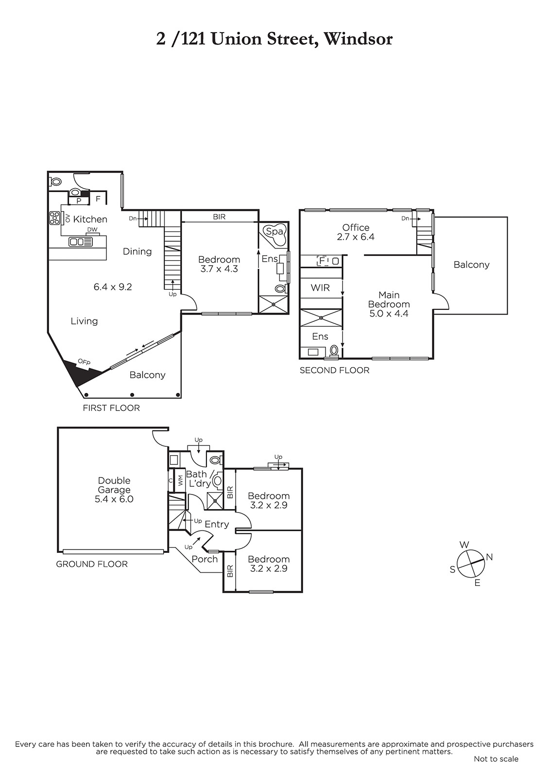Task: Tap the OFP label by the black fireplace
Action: point(84,362)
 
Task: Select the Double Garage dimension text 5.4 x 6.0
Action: point(114,499)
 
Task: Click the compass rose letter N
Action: point(489,557)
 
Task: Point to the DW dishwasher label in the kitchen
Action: point(92,230)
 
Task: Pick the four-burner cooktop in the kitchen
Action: point(55,218)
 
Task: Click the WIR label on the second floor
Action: point(320,287)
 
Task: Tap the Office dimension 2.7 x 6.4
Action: point(356,237)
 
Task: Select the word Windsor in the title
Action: point(358,39)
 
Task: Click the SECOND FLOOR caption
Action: point(335,370)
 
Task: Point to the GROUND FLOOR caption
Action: point(92,564)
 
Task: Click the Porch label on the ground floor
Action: point(205,559)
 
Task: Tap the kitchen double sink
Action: point(81,242)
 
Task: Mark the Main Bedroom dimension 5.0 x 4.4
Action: point(389,314)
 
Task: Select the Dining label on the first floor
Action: point(137,251)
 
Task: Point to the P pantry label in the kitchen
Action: point(79,201)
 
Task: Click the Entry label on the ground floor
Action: point(217,524)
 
